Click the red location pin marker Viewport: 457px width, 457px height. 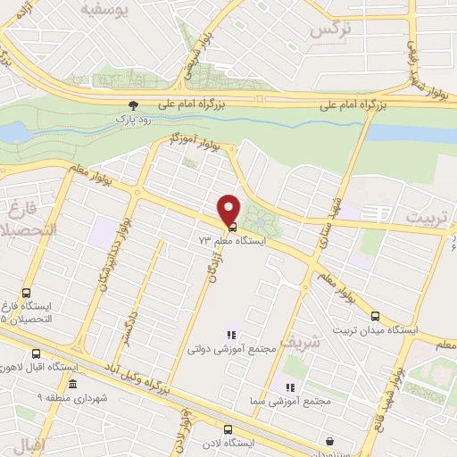[x=229, y=210]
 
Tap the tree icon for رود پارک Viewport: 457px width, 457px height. [x=134, y=104]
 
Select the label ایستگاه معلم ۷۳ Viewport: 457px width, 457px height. [x=232, y=241]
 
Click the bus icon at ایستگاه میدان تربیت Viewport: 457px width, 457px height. [x=376, y=315]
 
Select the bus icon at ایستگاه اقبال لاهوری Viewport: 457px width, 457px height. [x=37, y=353]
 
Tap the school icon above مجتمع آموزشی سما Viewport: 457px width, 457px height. [x=289, y=386]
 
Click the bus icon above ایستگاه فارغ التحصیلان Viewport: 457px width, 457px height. [x=26, y=292]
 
